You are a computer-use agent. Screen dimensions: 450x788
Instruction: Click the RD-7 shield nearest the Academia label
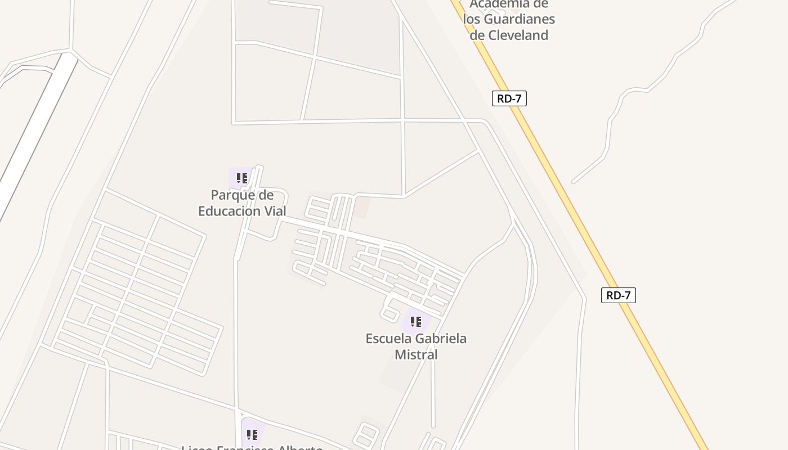509,98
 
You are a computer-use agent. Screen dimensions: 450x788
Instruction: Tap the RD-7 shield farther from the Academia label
618,295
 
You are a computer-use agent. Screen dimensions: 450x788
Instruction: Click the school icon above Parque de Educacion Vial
242,179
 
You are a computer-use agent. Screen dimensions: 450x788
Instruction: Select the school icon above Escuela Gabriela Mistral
416,322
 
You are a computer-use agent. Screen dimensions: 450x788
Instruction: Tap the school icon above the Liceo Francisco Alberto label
252,434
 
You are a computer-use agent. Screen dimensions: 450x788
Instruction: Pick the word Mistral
416,355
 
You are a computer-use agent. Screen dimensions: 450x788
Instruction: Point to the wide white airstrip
34,135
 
